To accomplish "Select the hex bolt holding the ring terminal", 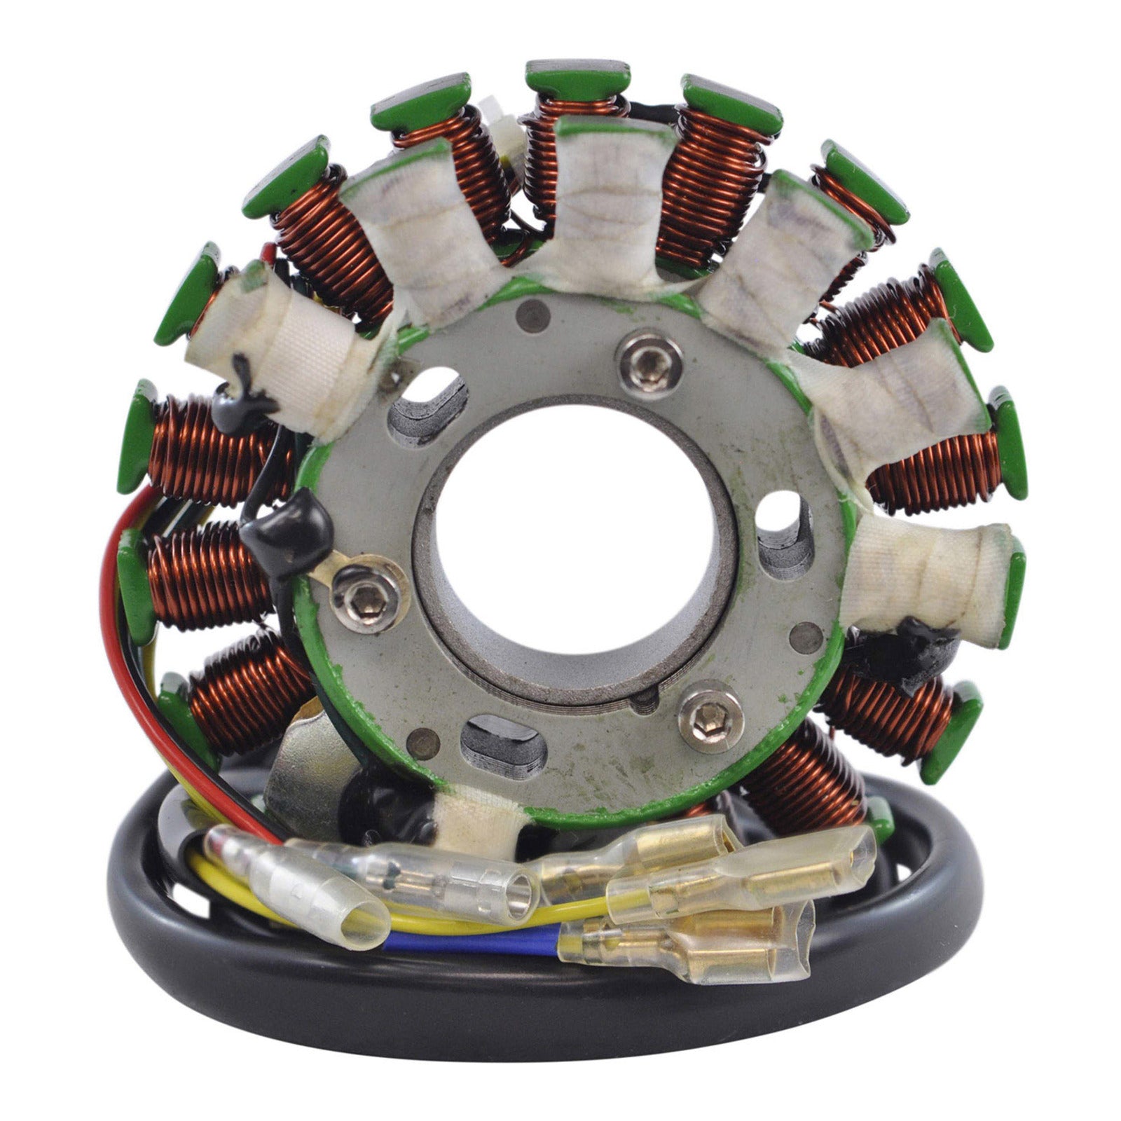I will pos(364,596).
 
